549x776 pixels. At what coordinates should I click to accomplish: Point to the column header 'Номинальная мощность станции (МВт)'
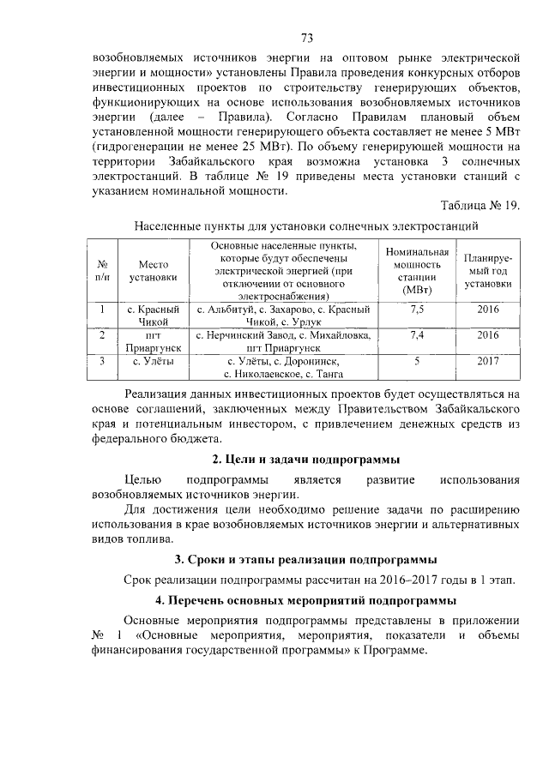[417, 270]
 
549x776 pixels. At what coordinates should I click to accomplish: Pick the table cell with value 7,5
[417, 308]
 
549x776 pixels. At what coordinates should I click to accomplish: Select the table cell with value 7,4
[417, 334]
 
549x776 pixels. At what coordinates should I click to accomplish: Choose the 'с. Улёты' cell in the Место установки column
[153, 361]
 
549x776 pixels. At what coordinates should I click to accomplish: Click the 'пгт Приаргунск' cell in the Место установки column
[153, 341]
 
